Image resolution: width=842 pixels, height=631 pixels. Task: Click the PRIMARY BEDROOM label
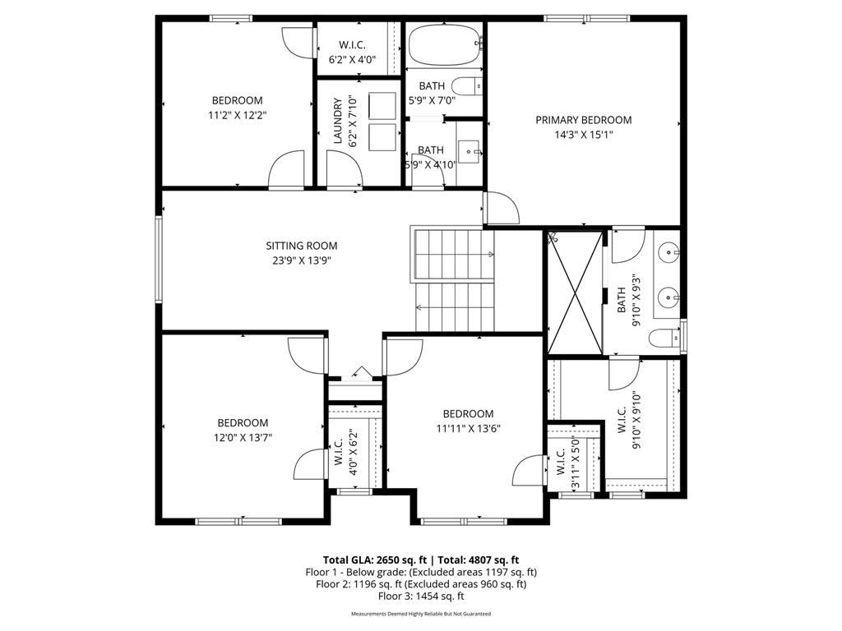pyautogui.click(x=583, y=120)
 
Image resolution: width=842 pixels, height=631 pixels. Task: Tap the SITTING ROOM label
pyautogui.click(x=301, y=246)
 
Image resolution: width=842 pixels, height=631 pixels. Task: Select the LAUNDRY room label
pyautogui.click(x=337, y=122)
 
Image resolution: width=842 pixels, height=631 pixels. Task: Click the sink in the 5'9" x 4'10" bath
pyautogui.click(x=470, y=152)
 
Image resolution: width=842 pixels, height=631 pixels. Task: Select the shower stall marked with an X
pyautogui.click(x=575, y=292)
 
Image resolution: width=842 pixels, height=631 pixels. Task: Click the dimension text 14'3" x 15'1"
pyautogui.click(x=583, y=135)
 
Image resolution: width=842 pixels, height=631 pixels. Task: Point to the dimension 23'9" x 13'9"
pyautogui.click(x=301, y=260)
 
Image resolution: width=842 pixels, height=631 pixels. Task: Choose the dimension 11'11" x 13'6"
pyautogui.click(x=468, y=428)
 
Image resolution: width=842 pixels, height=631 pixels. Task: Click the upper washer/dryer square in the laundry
pyautogui.click(x=382, y=106)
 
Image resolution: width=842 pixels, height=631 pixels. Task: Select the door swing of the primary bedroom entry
pyautogui.click(x=503, y=209)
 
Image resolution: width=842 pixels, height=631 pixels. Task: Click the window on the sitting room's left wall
pyautogui.click(x=159, y=260)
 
